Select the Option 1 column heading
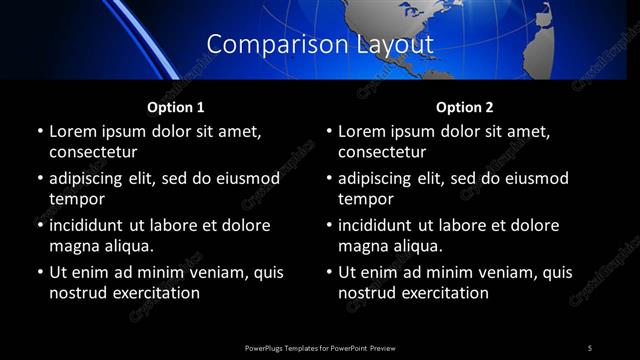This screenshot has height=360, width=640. (x=176, y=107)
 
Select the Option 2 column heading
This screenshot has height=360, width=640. (x=465, y=107)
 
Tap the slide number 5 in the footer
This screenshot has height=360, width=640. (x=590, y=347)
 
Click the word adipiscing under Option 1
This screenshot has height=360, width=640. (x=94, y=178)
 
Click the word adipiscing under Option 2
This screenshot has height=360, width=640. (x=383, y=178)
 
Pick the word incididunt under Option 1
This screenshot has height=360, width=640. (x=94, y=225)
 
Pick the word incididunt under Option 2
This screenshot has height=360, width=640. (x=383, y=225)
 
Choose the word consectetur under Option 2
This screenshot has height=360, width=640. (x=384, y=152)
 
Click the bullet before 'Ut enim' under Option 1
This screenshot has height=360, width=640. (x=39, y=272)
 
